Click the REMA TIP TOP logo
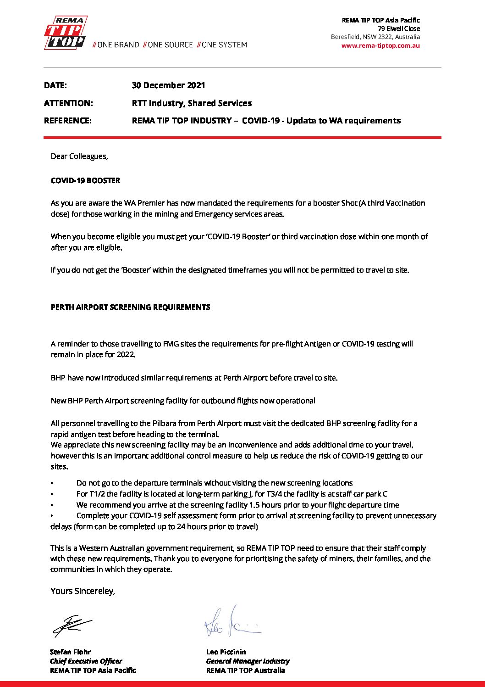pyautogui.click(x=65, y=33)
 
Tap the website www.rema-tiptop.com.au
pyautogui.click(x=380, y=45)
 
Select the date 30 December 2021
pyautogui.click(x=168, y=85)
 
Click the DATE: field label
pyautogui.click(x=55, y=85)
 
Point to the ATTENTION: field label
pyautogui.click(x=68, y=103)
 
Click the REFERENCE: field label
pyautogui.click(x=68, y=121)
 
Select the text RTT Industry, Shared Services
pyautogui.click(x=192, y=103)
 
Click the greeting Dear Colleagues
pyautogui.click(x=79, y=156)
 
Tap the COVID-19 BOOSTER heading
pyautogui.click(x=86, y=180)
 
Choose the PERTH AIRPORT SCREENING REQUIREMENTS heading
pyautogui.click(x=131, y=307)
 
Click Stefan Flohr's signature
pyautogui.click(x=72, y=625)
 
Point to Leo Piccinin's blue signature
pyautogui.click(x=232, y=623)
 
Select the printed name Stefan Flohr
pyautogui.click(x=70, y=652)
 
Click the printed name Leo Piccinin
pyautogui.click(x=226, y=652)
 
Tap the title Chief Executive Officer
pyautogui.click(x=86, y=661)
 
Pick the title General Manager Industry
pyautogui.click(x=248, y=661)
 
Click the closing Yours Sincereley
pyautogui.click(x=83, y=591)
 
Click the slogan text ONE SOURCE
pyautogui.click(x=170, y=45)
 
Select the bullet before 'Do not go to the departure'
pyautogui.click(x=52, y=483)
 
